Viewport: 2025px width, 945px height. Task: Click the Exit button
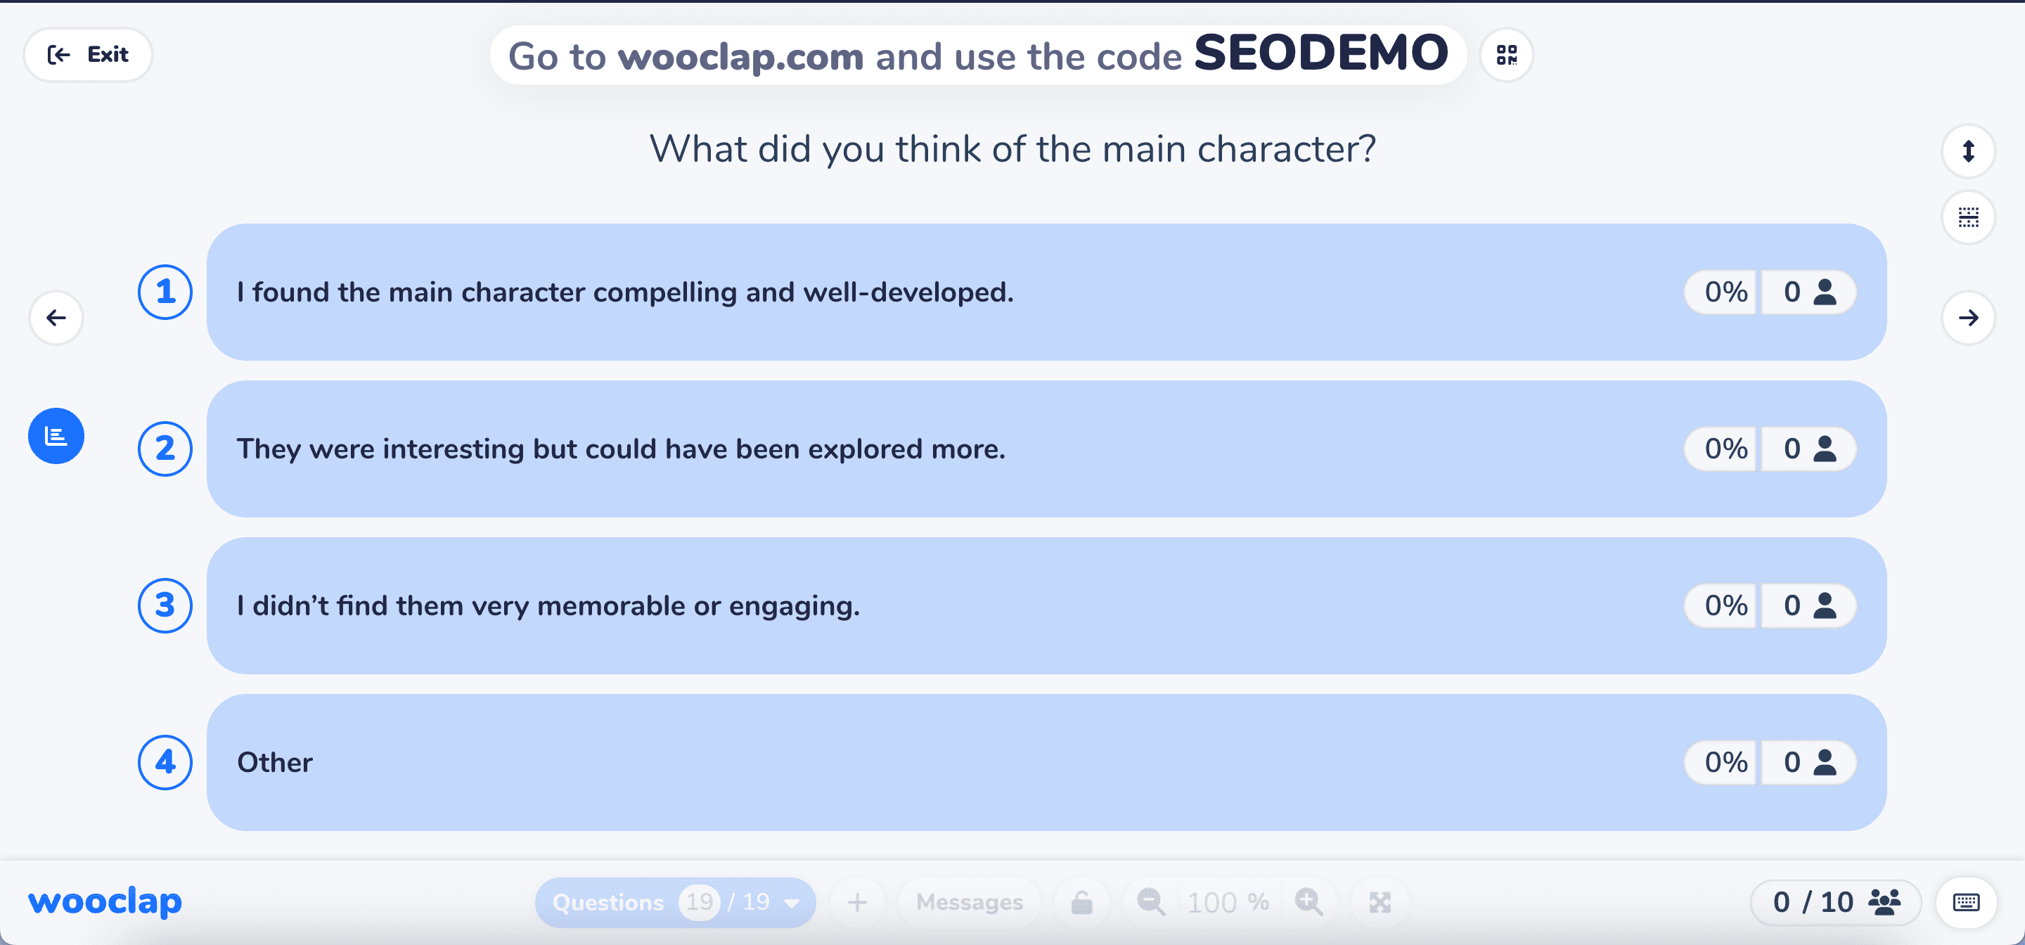[88, 55]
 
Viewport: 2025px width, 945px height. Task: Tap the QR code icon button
[1506, 55]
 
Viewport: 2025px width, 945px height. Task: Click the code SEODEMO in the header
[1320, 53]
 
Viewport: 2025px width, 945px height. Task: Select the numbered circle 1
[165, 292]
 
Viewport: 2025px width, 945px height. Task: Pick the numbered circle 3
[165, 605]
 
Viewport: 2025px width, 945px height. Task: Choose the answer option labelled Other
[1046, 761]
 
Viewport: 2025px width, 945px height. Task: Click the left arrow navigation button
[56, 318]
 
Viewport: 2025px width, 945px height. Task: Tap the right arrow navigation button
[1969, 318]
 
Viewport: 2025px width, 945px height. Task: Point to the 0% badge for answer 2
[1725, 449]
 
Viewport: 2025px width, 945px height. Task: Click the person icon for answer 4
[1825, 761]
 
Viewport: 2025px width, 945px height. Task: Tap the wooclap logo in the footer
[105, 902]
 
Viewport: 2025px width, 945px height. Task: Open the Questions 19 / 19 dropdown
[675, 902]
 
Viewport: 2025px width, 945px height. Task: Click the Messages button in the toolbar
[970, 902]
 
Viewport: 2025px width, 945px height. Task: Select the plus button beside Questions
[857, 902]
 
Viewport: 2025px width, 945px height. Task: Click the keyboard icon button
[1966, 902]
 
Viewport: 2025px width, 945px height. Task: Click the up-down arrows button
[1969, 150]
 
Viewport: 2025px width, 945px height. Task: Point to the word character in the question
[1286, 148]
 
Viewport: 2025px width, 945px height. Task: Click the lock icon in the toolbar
[1081, 902]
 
